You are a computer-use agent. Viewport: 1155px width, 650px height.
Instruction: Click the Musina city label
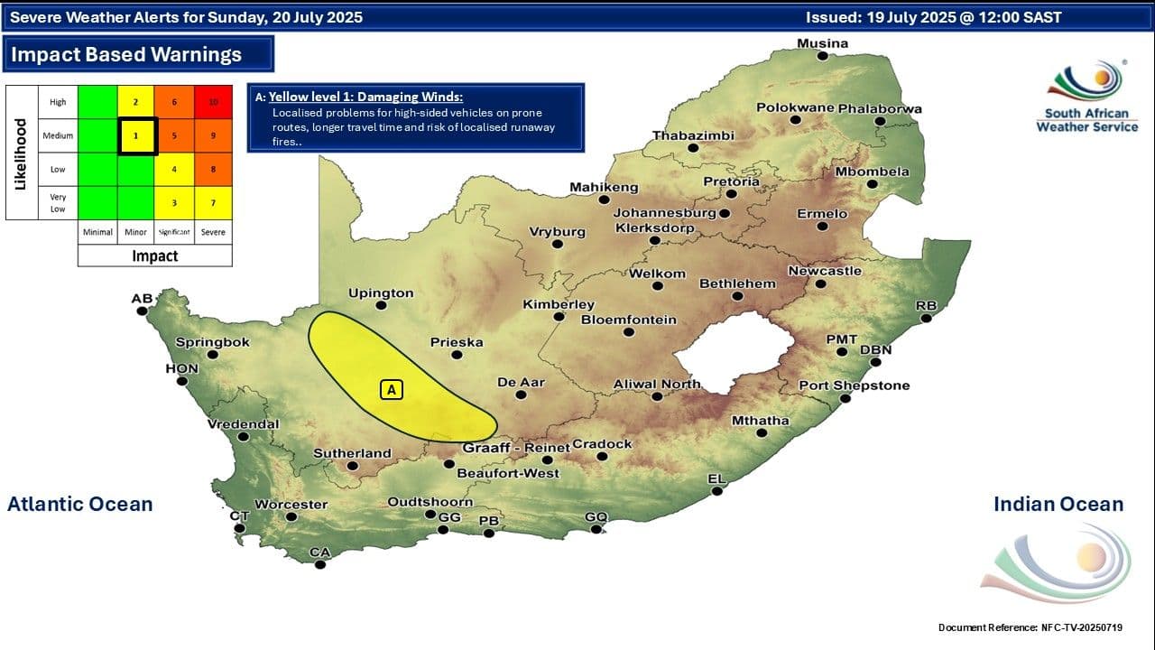tap(822, 43)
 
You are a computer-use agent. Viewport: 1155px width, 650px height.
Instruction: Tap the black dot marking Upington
tap(381, 305)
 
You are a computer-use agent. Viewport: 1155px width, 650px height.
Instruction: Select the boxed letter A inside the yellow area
tap(391, 390)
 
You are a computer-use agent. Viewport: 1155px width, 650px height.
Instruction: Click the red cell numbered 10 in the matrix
tap(213, 102)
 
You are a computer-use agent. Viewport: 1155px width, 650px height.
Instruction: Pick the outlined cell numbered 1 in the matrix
tap(136, 135)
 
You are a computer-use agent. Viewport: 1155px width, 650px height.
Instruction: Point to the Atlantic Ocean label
tap(79, 504)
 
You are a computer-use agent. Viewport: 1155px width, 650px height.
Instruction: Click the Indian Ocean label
tap(1058, 504)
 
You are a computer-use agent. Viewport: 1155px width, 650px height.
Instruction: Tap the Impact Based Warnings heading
tap(125, 54)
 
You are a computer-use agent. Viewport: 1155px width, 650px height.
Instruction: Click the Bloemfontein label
tap(628, 320)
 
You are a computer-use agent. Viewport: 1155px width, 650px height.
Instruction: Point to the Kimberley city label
tap(559, 304)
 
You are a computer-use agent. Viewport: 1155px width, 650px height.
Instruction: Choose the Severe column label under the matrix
tap(213, 232)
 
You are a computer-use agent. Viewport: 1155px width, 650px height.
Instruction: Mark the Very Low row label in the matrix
tap(58, 202)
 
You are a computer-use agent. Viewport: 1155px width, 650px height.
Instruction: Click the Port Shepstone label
tap(854, 385)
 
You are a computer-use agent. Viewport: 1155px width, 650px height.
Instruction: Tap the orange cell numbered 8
tap(213, 169)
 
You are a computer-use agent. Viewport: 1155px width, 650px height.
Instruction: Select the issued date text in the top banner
tap(933, 17)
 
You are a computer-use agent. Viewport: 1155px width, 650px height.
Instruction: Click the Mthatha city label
tap(760, 420)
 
